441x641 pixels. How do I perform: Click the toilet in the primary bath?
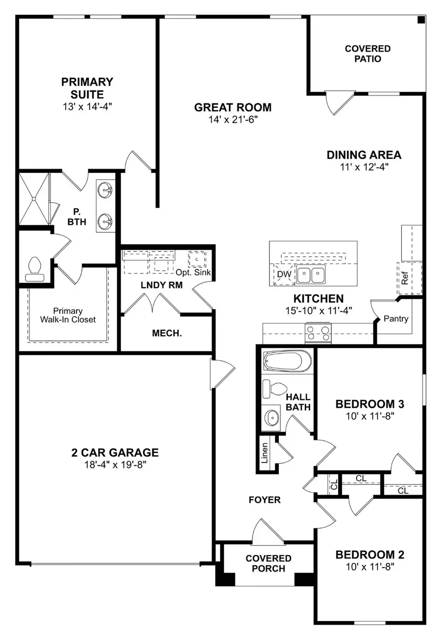34,269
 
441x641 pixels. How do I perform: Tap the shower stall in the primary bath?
34,198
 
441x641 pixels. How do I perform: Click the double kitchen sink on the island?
311,275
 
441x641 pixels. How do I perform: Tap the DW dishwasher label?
284,275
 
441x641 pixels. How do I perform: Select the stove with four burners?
318,334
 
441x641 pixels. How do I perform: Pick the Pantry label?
395,319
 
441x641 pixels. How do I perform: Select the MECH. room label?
167,334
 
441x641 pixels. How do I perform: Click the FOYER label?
264,500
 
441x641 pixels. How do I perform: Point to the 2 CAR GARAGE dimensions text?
116,464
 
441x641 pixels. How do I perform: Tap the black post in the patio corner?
420,20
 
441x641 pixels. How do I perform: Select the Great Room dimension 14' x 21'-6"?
233,119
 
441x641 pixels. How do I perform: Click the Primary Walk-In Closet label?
68,315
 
